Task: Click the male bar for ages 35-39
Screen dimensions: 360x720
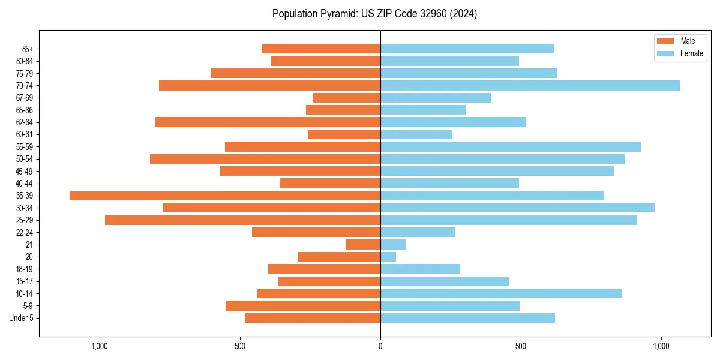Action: tap(225, 196)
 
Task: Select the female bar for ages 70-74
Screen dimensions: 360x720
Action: tap(530, 86)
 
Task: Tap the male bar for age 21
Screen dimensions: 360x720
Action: tap(363, 245)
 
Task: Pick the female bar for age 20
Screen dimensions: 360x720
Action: tap(388, 257)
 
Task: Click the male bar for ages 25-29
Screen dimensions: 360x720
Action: tap(242, 220)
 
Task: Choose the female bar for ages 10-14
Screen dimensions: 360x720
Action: tap(501, 293)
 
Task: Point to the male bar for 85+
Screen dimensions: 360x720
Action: tap(321, 49)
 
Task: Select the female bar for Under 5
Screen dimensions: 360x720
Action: tap(467, 318)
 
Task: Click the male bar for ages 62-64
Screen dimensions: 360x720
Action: tap(268, 122)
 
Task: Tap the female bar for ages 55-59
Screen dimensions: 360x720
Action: tap(511, 147)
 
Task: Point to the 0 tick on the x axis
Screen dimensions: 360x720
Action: tap(380, 346)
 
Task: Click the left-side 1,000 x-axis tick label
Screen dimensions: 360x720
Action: tap(99, 346)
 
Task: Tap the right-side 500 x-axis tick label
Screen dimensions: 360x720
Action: tap(521, 346)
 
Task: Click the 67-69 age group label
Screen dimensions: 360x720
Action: tap(25, 98)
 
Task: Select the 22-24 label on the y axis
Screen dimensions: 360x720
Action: tap(25, 233)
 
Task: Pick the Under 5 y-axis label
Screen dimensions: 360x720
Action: tap(21, 318)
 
